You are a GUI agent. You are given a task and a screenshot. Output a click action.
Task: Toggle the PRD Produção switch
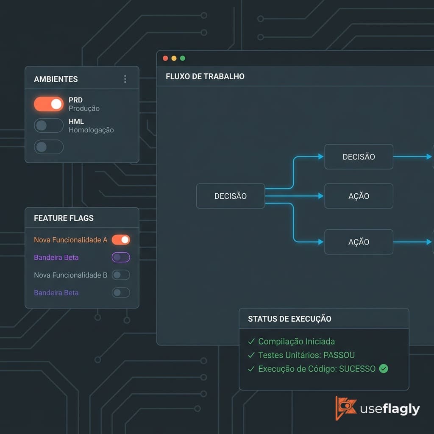[x=49, y=104]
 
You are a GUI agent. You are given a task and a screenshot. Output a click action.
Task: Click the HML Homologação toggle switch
[x=49, y=125]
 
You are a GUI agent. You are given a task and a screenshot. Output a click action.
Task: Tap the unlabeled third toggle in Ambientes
[x=49, y=147]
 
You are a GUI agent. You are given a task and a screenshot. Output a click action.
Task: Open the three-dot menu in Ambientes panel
[x=125, y=79]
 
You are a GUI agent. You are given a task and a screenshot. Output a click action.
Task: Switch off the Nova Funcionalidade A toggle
[x=121, y=240]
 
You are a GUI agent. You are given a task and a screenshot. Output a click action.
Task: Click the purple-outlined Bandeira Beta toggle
[x=121, y=257]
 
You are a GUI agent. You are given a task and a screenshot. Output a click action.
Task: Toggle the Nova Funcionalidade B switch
[x=121, y=275]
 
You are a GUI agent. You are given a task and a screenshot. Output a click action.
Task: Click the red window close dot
[x=166, y=58]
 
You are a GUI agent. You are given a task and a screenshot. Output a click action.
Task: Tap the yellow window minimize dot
[x=174, y=58]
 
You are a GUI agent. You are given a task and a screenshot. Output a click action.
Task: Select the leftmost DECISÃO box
[x=231, y=196]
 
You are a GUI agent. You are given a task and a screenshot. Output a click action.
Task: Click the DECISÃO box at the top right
[x=359, y=157]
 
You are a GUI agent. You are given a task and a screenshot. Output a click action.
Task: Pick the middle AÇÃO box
[x=359, y=196]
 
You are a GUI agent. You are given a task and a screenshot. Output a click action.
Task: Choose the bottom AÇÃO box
[x=359, y=242]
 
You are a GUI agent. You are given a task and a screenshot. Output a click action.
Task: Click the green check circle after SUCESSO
[x=384, y=369]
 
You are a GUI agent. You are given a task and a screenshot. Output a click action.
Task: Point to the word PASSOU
[x=339, y=355]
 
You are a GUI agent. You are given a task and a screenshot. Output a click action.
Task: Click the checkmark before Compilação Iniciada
[x=251, y=342]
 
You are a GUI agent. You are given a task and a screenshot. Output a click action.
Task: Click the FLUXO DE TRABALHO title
[x=205, y=76]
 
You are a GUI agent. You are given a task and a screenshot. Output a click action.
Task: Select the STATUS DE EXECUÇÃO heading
[x=289, y=319]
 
